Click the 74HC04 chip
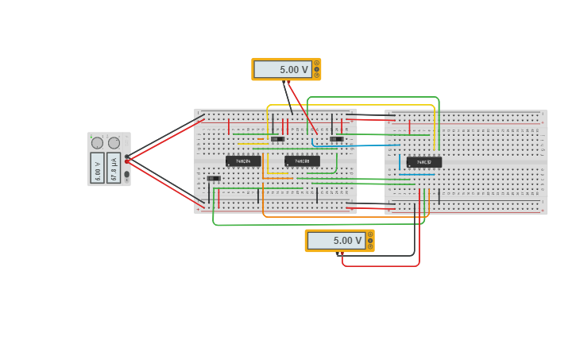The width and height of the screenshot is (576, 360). pyautogui.click(x=243, y=161)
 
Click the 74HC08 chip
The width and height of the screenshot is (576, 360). pyautogui.click(x=302, y=161)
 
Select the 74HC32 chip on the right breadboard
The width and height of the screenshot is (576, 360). pyautogui.click(x=423, y=162)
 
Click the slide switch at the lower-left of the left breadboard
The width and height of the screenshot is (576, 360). pyautogui.click(x=214, y=178)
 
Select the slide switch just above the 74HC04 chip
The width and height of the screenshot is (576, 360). pyautogui.click(x=276, y=139)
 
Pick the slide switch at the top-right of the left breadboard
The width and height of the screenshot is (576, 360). pyautogui.click(x=337, y=139)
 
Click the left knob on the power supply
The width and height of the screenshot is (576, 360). pyautogui.click(x=97, y=143)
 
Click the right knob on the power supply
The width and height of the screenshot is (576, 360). pyautogui.click(x=114, y=143)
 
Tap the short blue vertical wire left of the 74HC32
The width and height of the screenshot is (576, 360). pyautogui.click(x=400, y=162)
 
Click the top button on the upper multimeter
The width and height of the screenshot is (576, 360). pyautogui.click(x=316, y=63)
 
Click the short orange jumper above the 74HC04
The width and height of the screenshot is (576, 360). pyautogui.click(x=260, y=138)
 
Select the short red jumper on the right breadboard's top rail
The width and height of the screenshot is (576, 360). pyautogui.click(x=410, y=127)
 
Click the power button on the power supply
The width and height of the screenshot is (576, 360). pyautogui.click(x=126, y=174)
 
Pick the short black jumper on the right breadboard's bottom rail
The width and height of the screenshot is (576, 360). pyautogui.click(x=439, y=195)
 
